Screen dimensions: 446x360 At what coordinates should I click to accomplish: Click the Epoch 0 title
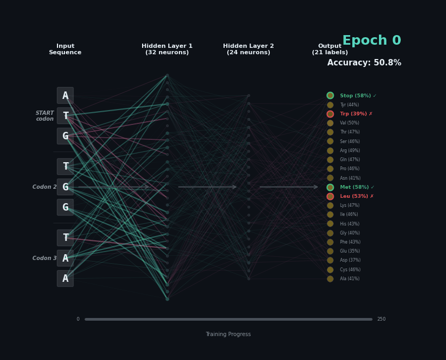(x=371, y=40)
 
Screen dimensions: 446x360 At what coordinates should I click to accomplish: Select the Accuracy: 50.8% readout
(x=364, y=63)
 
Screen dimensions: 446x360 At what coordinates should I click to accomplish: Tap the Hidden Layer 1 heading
(x=167, y=49)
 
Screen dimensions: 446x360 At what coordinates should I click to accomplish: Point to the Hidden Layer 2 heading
(x=249, y=49)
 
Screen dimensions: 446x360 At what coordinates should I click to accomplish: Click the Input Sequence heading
(x=65, y=49)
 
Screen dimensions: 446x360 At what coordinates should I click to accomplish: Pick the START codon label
(x=45, y=116)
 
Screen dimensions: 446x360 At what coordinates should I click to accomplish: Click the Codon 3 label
(x=44, y=258)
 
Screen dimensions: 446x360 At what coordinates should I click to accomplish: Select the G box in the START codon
(x=65, y=136)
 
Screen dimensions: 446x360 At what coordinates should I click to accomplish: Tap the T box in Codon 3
(x=65, y=238)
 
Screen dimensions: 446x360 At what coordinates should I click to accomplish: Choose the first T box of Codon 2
(x=65, y=166)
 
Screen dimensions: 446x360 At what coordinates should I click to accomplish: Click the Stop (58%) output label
(x=356, y=96)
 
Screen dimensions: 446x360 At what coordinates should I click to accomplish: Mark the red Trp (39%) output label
(x=353, y=114)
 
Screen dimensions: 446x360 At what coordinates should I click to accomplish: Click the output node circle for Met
(x=330, y=187)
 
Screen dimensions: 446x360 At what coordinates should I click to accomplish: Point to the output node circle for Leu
(x=330, y=196)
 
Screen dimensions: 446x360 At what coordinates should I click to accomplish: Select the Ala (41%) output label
(x=350, y=279)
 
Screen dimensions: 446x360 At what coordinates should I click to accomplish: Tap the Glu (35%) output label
(x=350, y=251)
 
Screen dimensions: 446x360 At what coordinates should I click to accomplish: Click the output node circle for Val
(x=330, y=123)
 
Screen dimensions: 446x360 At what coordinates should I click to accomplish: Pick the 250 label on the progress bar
(x=381, y=319)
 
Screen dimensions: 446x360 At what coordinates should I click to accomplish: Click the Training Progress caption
(x=228, y=334)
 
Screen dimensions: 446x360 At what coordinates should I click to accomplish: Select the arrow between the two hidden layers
(x=208, y=187)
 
